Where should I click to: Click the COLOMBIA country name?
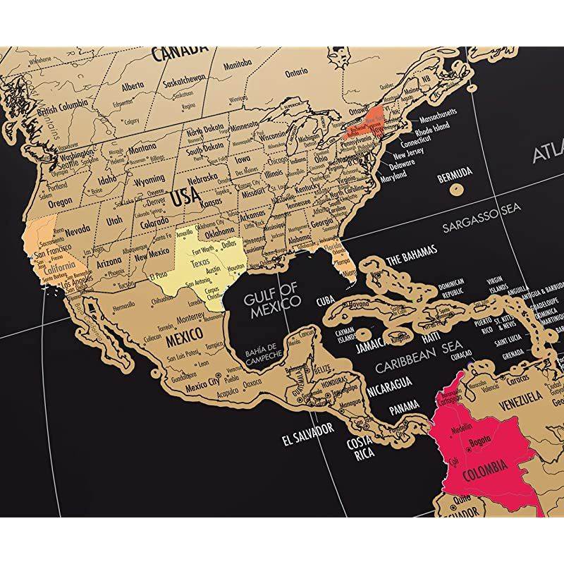coord(484,467)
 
